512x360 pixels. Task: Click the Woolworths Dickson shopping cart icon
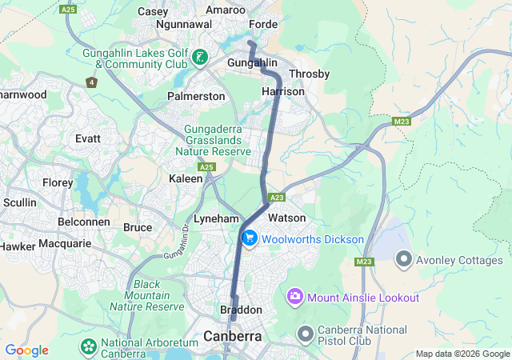250,238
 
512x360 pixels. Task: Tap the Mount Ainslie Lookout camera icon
295,298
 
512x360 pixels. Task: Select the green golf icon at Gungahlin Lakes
199,58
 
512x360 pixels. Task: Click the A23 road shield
278,197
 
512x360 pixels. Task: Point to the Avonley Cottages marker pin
404,260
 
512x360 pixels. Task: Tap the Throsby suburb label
309,74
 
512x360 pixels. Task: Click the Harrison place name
283,92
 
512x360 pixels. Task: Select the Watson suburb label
287,218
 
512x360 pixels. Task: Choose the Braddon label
241,310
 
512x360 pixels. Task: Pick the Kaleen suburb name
186,179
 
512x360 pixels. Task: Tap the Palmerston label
196,96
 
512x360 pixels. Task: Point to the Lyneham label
216,218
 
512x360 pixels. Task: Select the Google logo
26,350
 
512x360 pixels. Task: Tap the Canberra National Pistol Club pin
304,332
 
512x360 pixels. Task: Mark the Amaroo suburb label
226,10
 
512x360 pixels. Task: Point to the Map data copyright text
462,354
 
